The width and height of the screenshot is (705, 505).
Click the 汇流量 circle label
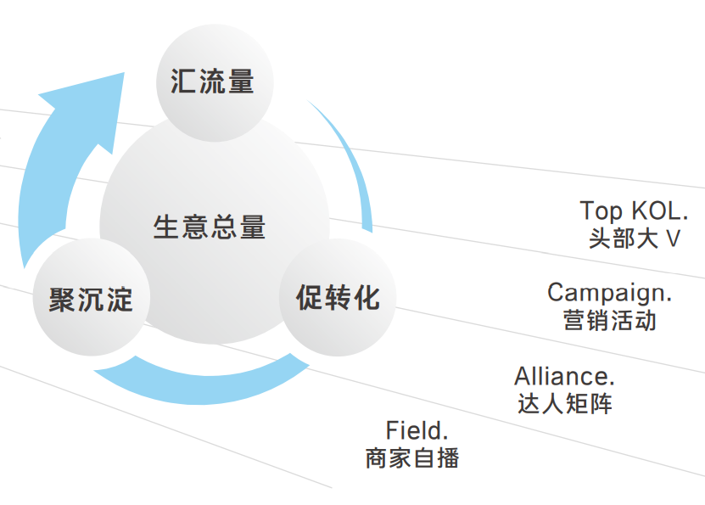click(212, 81)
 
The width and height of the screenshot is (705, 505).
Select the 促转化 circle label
click(338, 298)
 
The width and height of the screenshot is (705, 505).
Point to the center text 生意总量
click(210, 227)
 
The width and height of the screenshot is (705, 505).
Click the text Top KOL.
click(635, 211)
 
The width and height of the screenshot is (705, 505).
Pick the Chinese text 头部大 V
click(635, 238)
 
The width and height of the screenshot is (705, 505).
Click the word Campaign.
click(609, 293)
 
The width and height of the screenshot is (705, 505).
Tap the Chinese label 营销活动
click(610, 321)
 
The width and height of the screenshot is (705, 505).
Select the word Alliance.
click(564, 375)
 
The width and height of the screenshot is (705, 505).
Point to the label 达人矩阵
click(565, 403)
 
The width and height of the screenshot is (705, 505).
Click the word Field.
click(417, 429)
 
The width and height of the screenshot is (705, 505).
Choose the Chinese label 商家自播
click(412, 458)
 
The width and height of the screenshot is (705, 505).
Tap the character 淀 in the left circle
click(119, 300)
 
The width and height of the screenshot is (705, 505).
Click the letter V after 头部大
click(673, 238)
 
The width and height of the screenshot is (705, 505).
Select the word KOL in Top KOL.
click(658, 211)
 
